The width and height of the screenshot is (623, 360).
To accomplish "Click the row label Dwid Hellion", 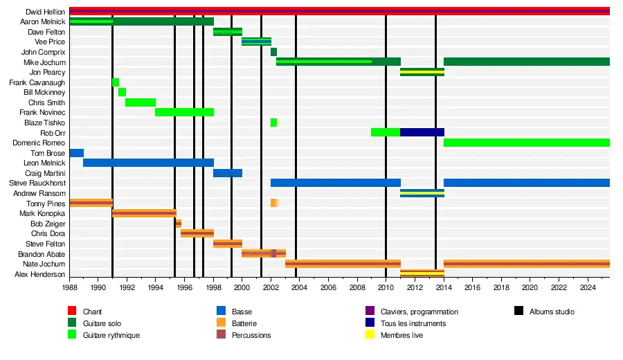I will point(46,12).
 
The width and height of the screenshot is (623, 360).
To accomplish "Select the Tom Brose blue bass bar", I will point(76,153).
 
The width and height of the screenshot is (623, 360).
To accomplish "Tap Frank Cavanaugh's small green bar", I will point(116,82).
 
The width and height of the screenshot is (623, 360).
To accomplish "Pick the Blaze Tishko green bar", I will point(273,123).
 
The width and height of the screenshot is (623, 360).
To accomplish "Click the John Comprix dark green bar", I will point(273,52).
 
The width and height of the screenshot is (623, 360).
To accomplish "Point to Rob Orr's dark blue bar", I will point(422,132).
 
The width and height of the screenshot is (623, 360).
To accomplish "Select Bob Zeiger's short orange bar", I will point(179,224).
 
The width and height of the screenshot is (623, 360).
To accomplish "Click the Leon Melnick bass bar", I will point(148,163).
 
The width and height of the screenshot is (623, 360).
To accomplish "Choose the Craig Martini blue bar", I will point(228,173).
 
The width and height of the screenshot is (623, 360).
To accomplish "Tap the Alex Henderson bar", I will point(422,274).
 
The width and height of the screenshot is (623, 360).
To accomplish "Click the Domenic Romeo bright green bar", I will point(526,143).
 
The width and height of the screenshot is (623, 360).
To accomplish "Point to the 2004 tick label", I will point(300,287).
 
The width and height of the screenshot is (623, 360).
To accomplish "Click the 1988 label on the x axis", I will point(70,287).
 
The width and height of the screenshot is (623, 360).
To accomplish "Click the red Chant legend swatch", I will point(71,312).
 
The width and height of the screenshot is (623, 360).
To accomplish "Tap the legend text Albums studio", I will point(551,312).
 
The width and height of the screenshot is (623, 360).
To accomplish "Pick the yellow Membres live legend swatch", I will point(369,335).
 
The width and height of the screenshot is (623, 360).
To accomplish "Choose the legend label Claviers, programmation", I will point(419,312).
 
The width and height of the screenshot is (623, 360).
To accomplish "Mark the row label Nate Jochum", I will point(45,264).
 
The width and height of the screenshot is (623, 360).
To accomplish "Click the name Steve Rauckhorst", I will point(37,183).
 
